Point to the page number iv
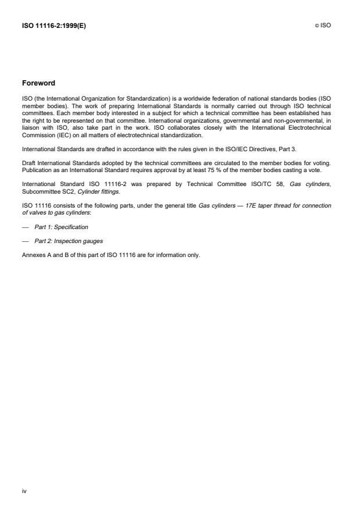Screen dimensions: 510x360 pyautogui.click(x=24, y=491)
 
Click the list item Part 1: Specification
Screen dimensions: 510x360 pyautogui.click(x=61, y=227)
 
